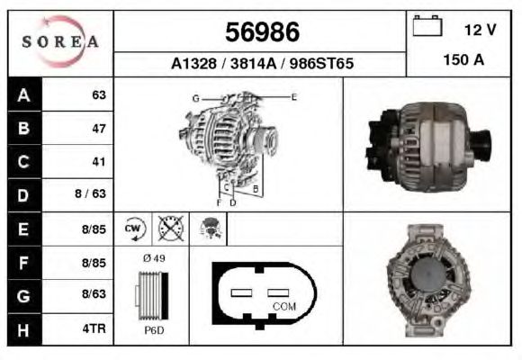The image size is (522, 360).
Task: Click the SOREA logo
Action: [60, 41]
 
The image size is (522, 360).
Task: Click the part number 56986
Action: [262, 32]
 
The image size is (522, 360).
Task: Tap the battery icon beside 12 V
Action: [427, 25]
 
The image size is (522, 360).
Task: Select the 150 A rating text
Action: [463, 60]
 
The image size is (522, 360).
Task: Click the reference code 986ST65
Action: [321, 63]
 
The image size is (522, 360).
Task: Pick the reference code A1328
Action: [193, 63]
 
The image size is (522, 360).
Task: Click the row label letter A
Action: [23, 95]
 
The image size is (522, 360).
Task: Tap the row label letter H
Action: [23, 330]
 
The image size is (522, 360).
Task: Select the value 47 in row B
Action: [99, 129]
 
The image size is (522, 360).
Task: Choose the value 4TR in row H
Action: [94, 328]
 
